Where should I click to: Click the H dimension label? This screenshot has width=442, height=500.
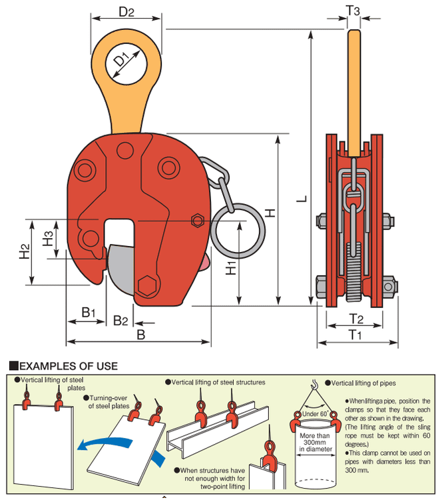[x=270, y=213]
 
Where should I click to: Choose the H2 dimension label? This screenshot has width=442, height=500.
[x=24, y=251]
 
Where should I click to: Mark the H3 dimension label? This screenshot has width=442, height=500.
[x=47, y=238]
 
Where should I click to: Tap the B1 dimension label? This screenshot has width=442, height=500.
[x=89, y=312]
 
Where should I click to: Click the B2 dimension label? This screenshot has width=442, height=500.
[x=120, y=321]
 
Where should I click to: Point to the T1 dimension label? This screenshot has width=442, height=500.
[x=356, y=335]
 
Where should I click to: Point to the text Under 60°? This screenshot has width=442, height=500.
[x=314, y=414]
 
